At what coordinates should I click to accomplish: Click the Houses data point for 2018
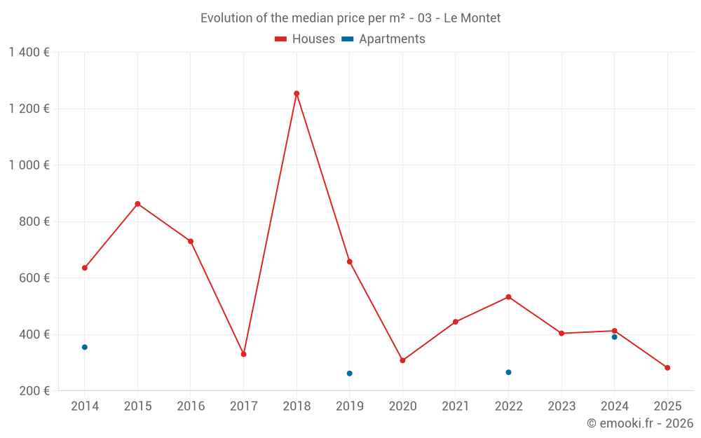click(297, 93)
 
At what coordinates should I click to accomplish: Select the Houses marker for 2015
click(137, 204)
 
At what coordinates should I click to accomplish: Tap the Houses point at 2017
click(243, 354)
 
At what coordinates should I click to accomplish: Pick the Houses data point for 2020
click(402, 360)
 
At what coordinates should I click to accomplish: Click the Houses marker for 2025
click(667, 368)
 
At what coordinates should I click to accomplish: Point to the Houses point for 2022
click(508, 297)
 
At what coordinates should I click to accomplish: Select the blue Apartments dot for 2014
click(85, 347)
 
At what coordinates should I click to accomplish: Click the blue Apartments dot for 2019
click(350, 374)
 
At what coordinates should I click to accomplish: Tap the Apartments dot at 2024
click(615, 337)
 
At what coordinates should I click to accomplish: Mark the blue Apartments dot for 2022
click(508, 372)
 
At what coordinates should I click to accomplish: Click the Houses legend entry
click(305, 39)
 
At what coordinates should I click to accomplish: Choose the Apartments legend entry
click(383, 39)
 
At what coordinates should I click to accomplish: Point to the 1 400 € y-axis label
click(29, 52)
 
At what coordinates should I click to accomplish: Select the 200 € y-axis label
click(33, 390)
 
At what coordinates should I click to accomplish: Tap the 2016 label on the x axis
click(191, 406)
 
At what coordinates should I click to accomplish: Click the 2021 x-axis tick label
click(456, 406)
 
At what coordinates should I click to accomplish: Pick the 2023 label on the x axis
click(562, 406)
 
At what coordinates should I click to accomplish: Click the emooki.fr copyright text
click(639, 423)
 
